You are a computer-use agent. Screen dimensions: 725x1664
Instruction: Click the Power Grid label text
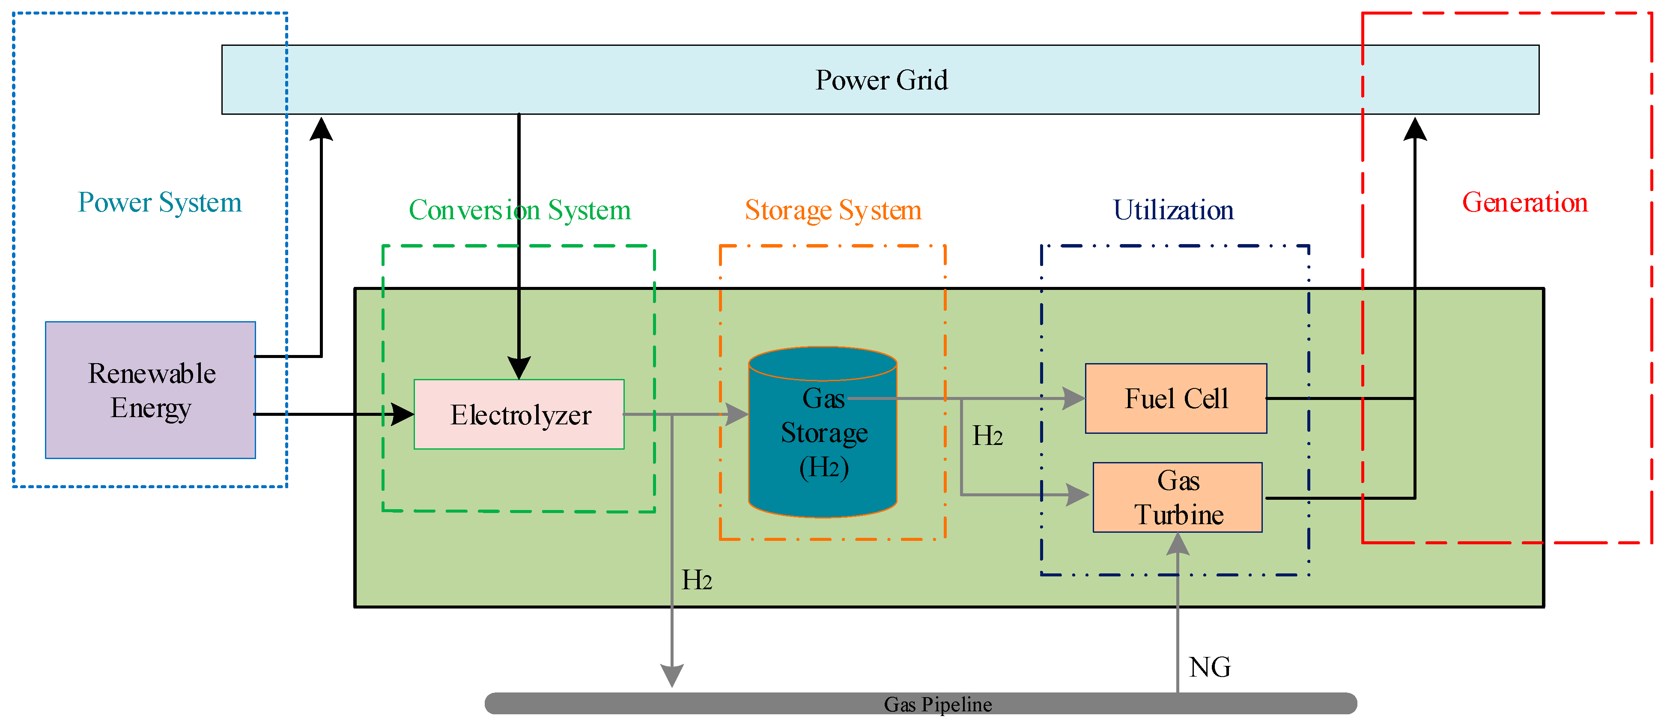point(881,80)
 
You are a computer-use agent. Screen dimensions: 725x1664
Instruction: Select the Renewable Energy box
point(150,390)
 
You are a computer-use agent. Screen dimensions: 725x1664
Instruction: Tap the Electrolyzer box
point(519,414)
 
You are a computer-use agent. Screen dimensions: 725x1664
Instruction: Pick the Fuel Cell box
point(1176,398)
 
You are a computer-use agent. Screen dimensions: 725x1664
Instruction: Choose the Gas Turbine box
point(1178,498)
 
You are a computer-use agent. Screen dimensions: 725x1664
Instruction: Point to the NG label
point(1209,667)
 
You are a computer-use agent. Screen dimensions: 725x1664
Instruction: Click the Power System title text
point(160,202)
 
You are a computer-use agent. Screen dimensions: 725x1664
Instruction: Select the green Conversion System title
point(519,210)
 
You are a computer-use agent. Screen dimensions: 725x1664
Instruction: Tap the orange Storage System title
point(833,210)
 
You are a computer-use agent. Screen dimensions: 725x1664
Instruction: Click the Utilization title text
point(1173,210)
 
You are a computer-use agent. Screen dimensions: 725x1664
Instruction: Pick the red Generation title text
point(1524,202)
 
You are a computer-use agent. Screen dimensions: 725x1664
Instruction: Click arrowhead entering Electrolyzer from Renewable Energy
point(403,414)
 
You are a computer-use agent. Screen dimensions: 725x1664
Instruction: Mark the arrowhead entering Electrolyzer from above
point(519,368)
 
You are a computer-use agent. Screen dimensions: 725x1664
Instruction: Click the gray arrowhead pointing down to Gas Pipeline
point(672,675)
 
